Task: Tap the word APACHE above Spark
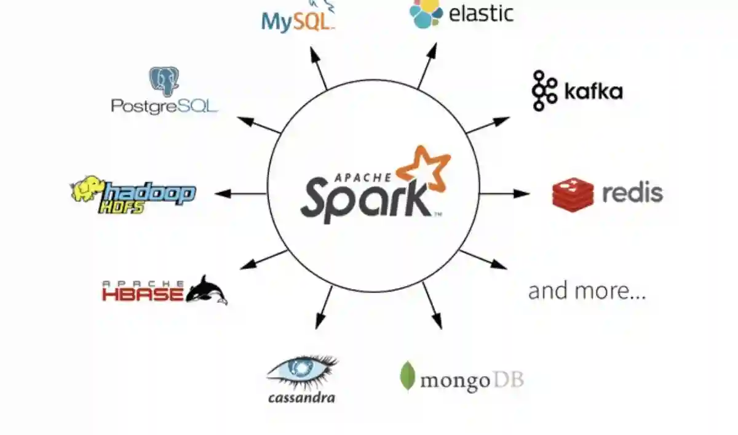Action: [362, 178]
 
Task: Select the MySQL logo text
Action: [298, 21]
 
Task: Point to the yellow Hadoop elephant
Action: [87, 190]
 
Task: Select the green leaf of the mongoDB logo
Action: [407, 376]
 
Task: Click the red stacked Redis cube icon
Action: [573, 194]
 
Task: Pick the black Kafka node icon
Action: [544, 91]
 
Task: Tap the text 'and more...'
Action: [587, 291]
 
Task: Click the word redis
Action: [632, 193]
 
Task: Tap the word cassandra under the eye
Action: [301, 397]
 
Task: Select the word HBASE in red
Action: [143, 293]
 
